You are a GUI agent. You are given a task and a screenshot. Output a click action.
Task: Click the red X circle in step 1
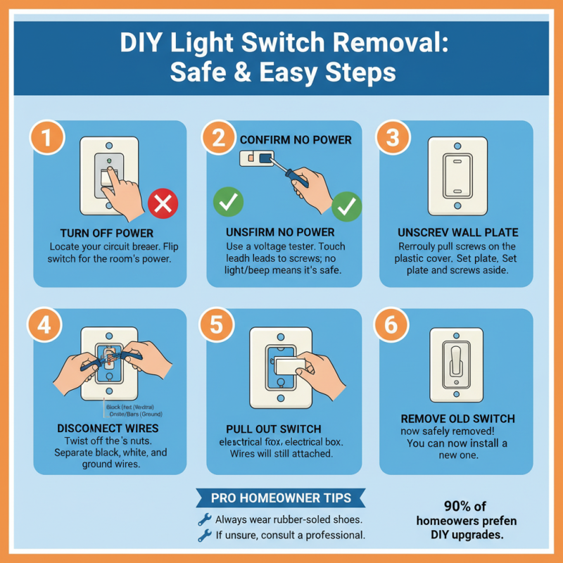pos(163,205)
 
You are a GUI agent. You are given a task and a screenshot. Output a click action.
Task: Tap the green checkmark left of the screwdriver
pos(228,202)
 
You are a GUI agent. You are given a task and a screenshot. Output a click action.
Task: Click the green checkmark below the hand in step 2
pos(346,206)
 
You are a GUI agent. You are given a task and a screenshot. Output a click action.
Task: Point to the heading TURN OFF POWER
pos(106,234)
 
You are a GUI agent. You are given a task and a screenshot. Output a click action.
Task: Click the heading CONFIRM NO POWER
pos(296,139)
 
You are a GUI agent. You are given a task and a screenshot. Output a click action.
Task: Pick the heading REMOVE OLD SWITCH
pos(457,418)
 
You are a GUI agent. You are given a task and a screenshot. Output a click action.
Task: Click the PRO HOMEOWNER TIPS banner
pos(281,498)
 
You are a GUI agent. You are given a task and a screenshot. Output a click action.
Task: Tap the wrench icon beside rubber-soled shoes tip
pos(205,519)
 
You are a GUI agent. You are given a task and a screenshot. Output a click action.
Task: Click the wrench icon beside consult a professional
pos(205,536)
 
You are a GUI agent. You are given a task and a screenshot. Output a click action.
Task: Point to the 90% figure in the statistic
pos(458,506)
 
